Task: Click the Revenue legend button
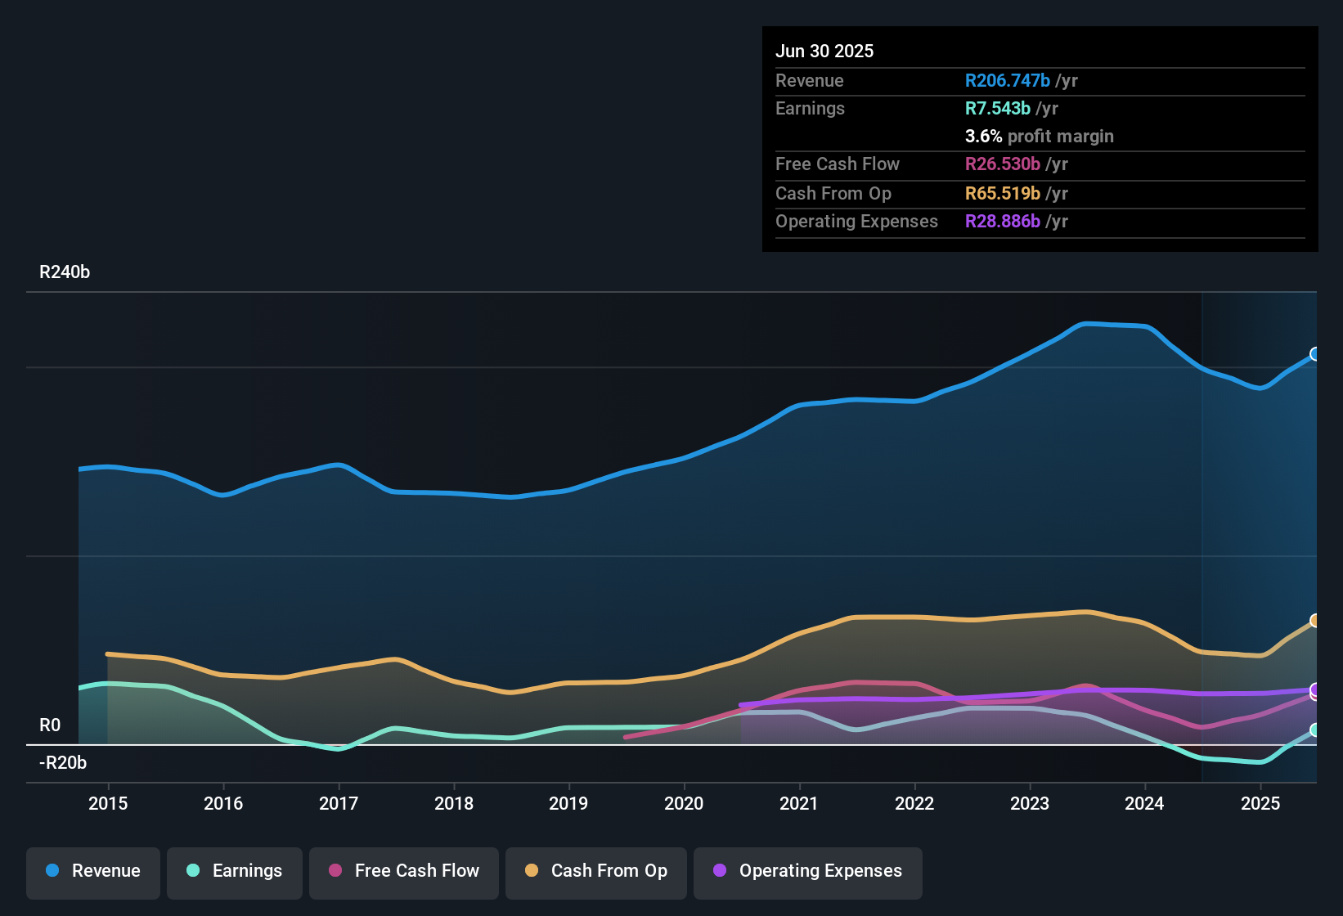click(x=93, y=871)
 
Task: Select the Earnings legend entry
click(x=235, y=871)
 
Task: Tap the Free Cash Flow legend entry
click(x=404, y=871)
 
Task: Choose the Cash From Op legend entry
click(x=596, y=871)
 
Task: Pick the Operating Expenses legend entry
click(x=808, y=871)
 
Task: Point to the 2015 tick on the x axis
click(x=108, y=803)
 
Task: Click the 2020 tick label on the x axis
click(x=684, y=803)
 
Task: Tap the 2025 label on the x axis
click(x=1260, y=803)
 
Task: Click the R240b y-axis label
click(x=65, y=272)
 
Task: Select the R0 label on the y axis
click(x=50, y=725)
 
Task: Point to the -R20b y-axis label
click(x=63, y=763)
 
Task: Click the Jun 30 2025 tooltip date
click(x=824, y=52)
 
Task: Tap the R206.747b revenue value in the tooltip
click(x=1007, y=81)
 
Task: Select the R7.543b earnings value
click(x=997, y=109)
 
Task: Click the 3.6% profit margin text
click(x=1039, y=137)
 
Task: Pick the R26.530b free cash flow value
click(x=1002, y=164)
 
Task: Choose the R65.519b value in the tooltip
click(x=1002, y=194)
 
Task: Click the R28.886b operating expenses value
click(x=1002, y=222)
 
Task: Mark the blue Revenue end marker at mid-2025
click(x=1315, y=354)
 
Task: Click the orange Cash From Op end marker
click(x=1315, y=621)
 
